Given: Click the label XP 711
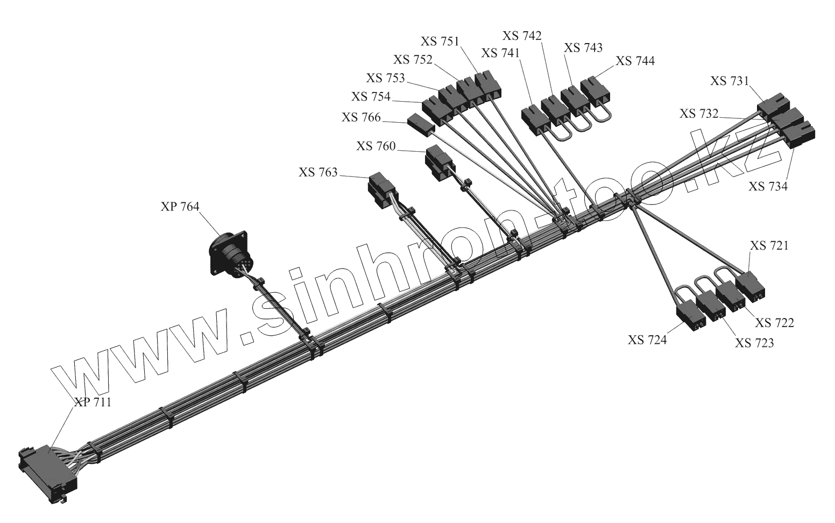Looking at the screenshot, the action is (x=93, y=402).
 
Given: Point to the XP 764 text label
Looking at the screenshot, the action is (x=180, y=207).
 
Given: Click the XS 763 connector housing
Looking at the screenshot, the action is (x=383, y=190).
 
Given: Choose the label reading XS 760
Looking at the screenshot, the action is (x=376, y=146).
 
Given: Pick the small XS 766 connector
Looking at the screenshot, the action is (x=421, y=125).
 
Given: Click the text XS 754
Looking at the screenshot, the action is (x=371, y=96).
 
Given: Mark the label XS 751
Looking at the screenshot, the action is (x=440, y=41).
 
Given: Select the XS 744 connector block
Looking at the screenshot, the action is (x=596, y=90).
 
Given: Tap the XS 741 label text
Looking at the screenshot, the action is (x=500, y=53).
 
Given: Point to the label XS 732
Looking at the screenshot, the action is (x=699, y=114).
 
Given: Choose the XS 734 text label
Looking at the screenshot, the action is (x=768, y=186).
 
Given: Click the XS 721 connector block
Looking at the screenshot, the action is (x=750, y=287).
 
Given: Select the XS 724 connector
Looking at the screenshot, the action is (x=691, y=315).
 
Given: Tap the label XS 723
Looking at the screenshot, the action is (x=754, y=343).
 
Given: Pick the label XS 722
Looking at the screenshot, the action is (x=775, y=323).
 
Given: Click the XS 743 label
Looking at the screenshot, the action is (x=583, y=48).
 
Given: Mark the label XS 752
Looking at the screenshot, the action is (x=413, y=60).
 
